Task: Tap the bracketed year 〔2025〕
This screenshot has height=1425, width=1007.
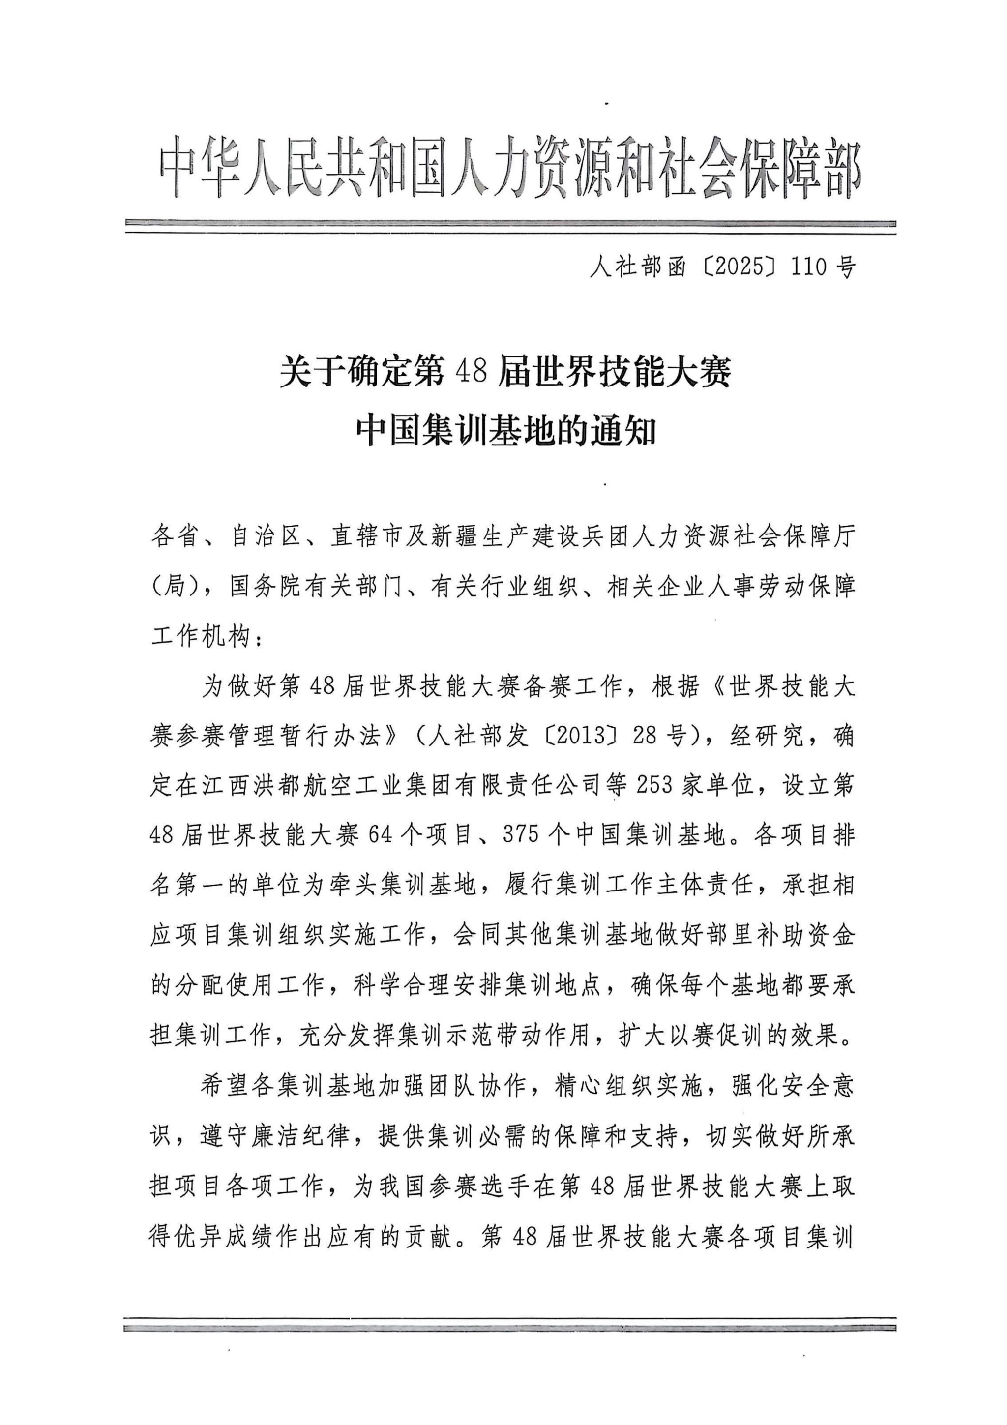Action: pyautogui.click(x=737, y=267)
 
